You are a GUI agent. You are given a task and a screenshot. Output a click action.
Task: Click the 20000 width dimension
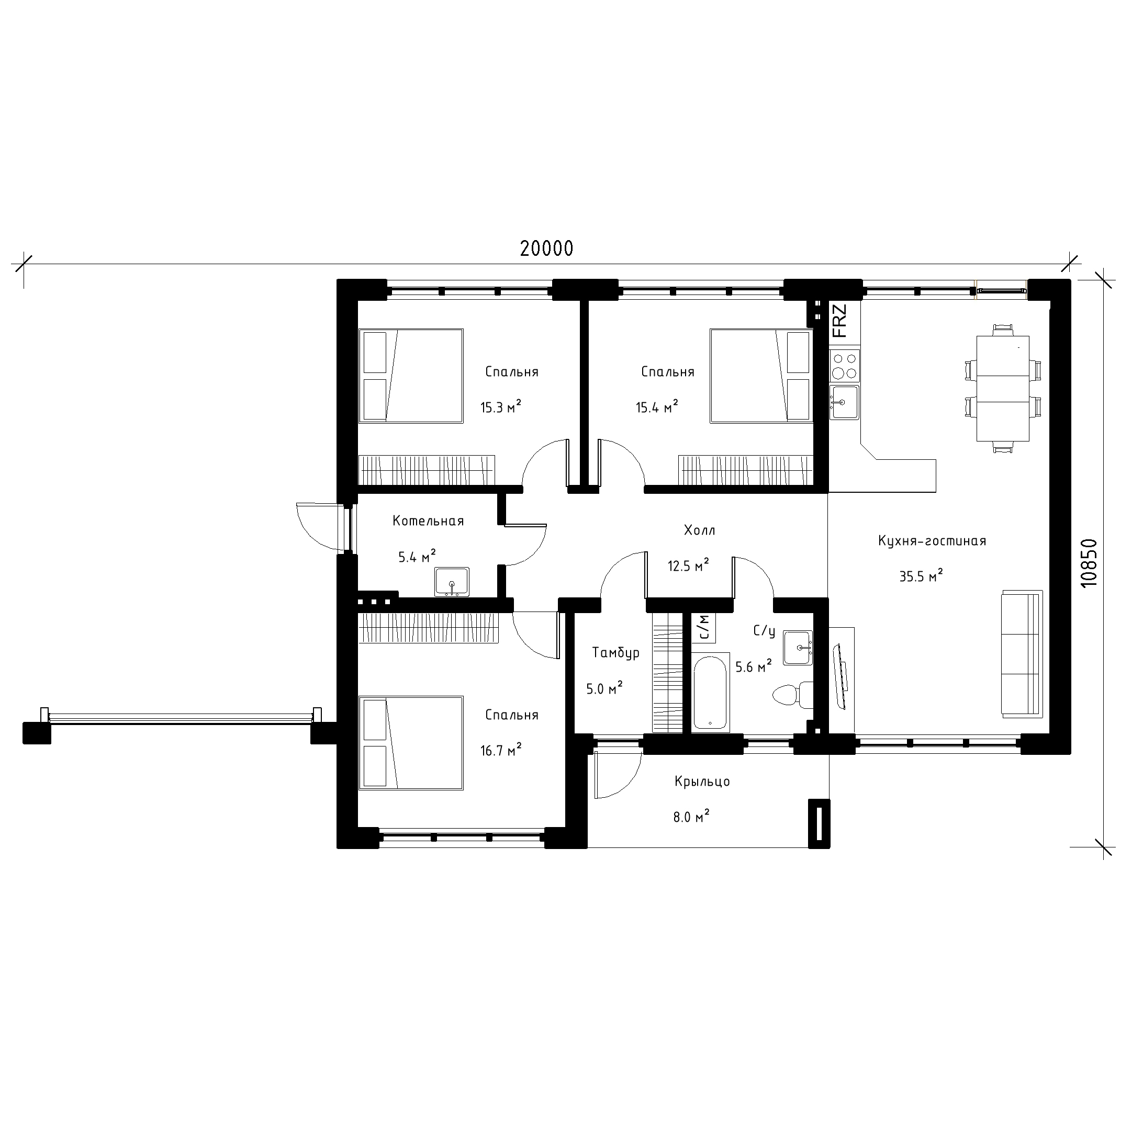click(546, 248)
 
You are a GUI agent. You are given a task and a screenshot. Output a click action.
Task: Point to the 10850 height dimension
click(1088, 563)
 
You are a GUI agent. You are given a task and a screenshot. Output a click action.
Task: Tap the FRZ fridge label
click(839, 320)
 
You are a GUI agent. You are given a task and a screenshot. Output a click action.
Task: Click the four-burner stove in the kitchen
click(844, 365)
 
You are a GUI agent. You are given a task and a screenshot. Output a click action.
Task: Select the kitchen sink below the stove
click(844, 402)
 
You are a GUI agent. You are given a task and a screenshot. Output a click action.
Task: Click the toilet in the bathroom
click(792, 694)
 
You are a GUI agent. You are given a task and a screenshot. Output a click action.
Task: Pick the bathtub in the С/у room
click(710, 692)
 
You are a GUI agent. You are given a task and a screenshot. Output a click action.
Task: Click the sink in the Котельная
click(452, 582)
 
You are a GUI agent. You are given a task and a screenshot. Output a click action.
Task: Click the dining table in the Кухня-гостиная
click(1002, 388)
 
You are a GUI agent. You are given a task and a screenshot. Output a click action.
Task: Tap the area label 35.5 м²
click(921, 575)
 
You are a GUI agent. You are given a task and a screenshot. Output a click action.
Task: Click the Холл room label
click(699, 530)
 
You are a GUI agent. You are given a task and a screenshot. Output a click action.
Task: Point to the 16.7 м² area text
click(501, 750)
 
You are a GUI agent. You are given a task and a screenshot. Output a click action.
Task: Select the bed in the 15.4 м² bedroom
click(760, 376)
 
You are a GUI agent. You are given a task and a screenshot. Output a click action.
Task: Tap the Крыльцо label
click(702, 782)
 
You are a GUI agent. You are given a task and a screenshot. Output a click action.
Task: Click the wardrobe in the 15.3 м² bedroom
click(427, 470)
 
